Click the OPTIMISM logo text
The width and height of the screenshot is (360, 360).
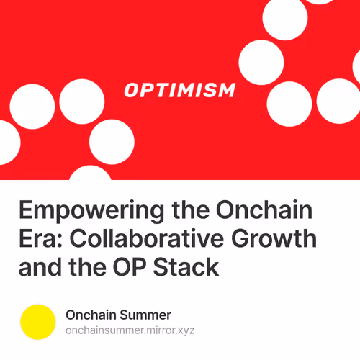point(179,91)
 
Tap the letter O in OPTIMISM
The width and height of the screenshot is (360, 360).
point(131,91)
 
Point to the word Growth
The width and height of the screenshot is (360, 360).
point(289,240)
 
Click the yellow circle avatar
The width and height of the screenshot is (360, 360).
point(38,322)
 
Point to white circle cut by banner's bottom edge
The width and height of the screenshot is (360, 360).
point(90,174)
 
